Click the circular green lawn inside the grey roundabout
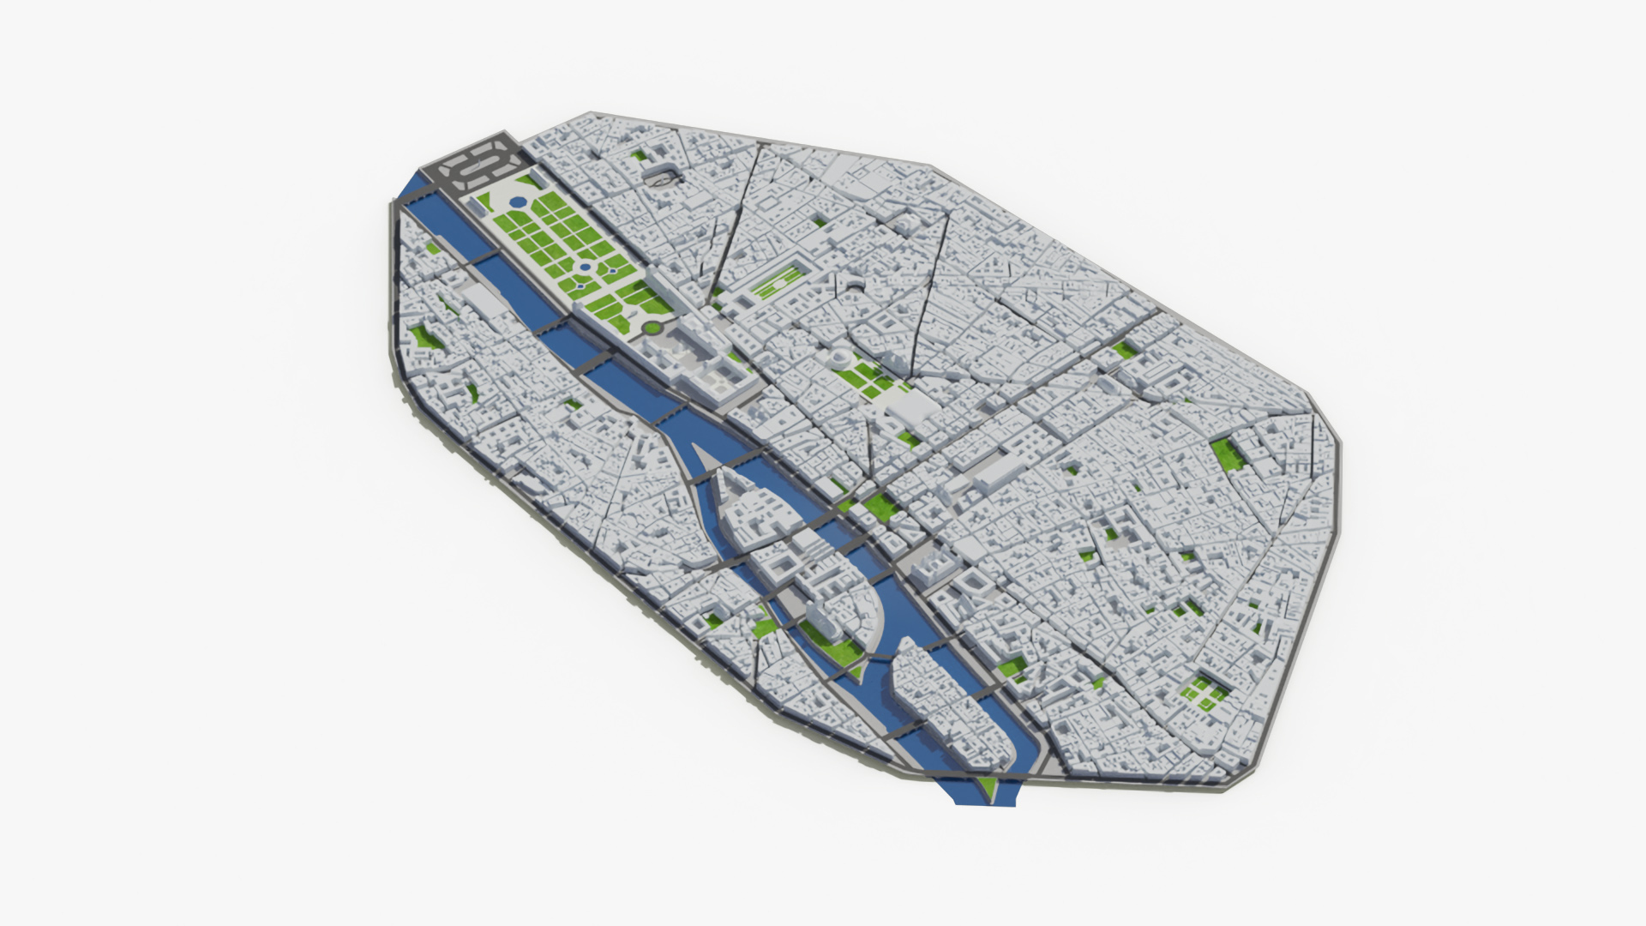(652, 327)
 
